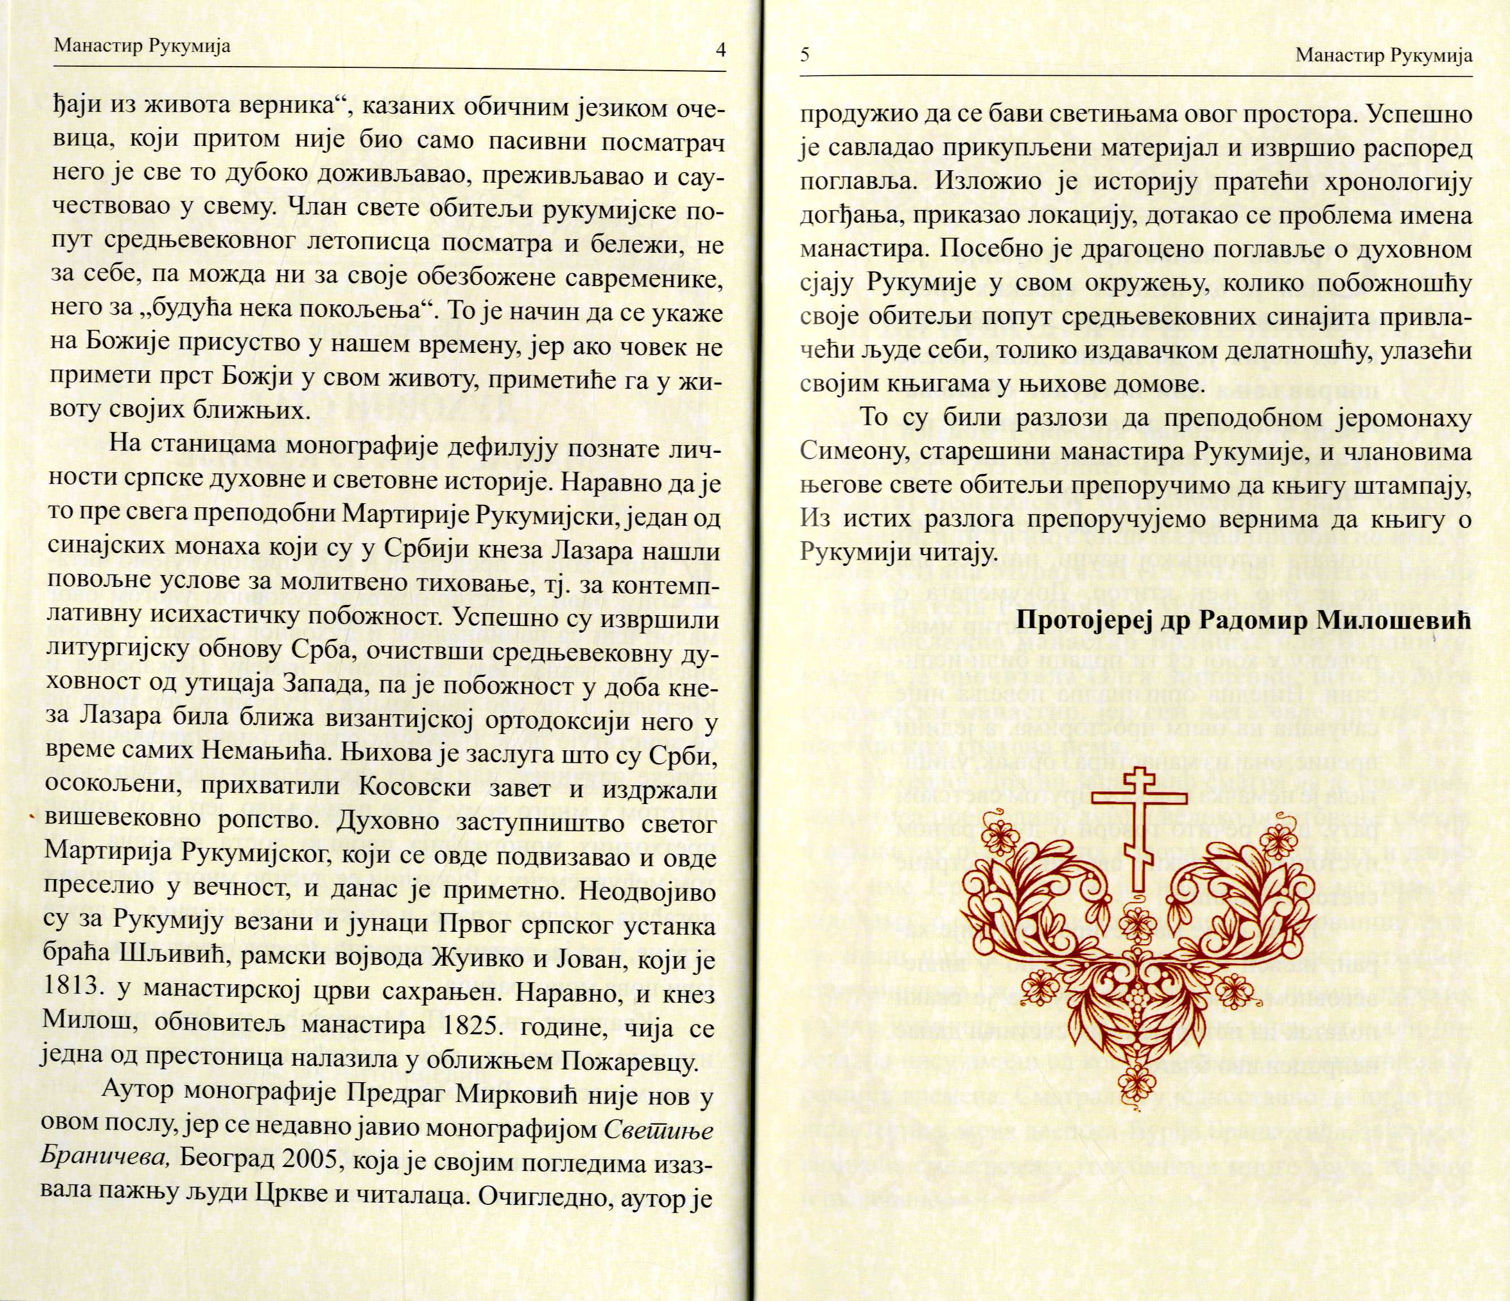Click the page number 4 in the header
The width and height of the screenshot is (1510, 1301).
(x=720, y=50)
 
